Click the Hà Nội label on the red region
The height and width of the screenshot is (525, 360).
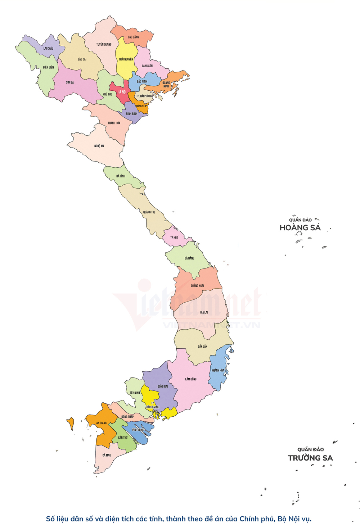(122, 92)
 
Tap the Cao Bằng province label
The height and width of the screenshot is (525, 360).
(133, 37)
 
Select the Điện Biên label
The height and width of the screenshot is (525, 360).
(48, 67)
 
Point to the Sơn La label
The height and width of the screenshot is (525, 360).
(70, 82)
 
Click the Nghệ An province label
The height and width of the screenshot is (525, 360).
(99, 146)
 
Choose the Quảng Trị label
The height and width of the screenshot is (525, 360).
(149, 212)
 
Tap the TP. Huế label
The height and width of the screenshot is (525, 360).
(174, 237)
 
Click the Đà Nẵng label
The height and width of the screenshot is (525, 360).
(189, 258)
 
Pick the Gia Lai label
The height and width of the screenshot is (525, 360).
(204, 312)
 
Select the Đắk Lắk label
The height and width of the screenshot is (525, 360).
(202, 346)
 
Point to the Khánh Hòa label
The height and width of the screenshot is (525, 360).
(218, 370)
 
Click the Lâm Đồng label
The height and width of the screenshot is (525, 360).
(191, 379)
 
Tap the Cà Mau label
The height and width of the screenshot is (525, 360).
(107, 455)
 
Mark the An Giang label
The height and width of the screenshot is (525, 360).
(101, 423)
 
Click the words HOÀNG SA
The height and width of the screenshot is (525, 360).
(300, 228)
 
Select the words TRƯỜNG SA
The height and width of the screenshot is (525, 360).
(310, 458)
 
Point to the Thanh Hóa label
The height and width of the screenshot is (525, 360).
(114, 123)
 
